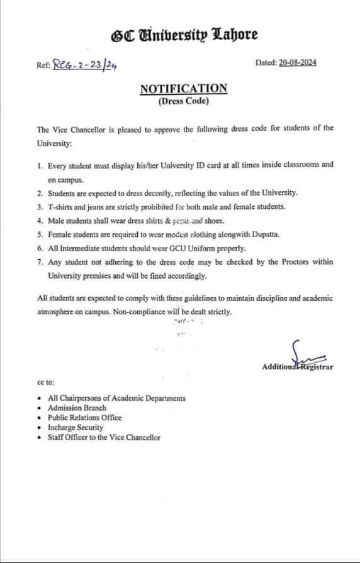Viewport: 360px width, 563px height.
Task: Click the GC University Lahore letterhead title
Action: (184, 35)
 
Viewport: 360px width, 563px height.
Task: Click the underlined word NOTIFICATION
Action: (183, 89)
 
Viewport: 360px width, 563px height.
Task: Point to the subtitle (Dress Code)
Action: (183, 101)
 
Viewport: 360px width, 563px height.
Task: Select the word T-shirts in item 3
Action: (62, 206)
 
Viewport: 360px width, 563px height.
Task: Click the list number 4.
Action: (40, 220)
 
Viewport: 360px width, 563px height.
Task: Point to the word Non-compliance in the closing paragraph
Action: (140, 311)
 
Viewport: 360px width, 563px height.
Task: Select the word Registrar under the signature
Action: (316, 367)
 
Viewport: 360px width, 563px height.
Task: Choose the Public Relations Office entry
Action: (85, 418)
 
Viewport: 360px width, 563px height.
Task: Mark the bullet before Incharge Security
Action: (40, 428)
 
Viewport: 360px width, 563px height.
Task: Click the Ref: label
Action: (44, 64)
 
